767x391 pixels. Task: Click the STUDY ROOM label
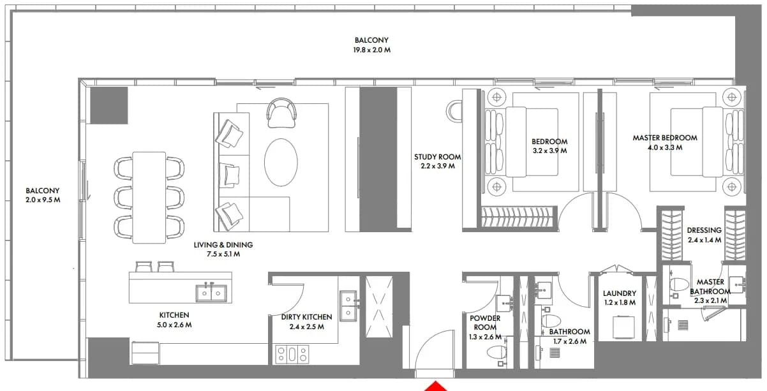(437, 157)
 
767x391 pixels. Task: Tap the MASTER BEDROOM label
(665, 138)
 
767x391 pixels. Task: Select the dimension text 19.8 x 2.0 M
(371, 50)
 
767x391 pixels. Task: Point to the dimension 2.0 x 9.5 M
(43, 200)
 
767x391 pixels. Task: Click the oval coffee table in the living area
(281, 162)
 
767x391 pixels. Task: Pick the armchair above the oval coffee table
(281, 113)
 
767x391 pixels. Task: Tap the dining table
(149, 198)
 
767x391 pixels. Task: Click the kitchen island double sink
(211, 293)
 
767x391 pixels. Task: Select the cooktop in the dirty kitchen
(292, 354)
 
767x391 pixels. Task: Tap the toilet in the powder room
(497, 353)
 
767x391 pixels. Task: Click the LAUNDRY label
(620, 293)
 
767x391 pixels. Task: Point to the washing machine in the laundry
(623, 328)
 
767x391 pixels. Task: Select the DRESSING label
(704, 230)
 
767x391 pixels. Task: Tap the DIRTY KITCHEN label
(306, 317)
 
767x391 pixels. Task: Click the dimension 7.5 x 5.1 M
(223, 254)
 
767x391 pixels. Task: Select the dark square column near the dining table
(109, 105)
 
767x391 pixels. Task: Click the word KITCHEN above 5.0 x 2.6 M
(174, 315)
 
